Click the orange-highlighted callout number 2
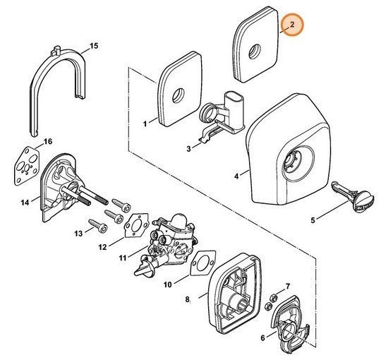click(292, 24)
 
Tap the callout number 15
click(94, 46)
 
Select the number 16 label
click(48, 141)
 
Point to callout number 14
click(25, 203)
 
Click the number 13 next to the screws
click(78, 234)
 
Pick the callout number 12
click(102, 247)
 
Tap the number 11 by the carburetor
click(123, 258)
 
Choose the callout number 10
click(167, 284)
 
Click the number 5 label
click(313, 220)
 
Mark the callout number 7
click(288, 287)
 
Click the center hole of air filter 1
click(179, 95)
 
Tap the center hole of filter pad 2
click(255, 52)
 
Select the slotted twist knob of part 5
click(363, 203)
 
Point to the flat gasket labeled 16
click(27, 166)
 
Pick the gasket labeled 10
click(203, 263)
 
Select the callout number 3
click(189, 148)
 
